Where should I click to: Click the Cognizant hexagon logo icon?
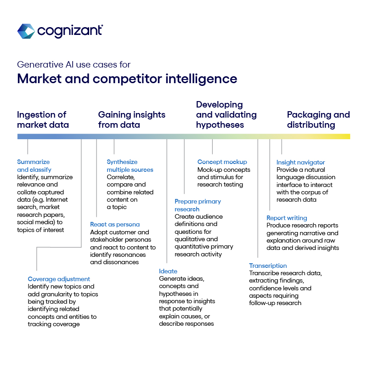(26, 31)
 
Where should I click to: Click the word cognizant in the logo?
(70, 31)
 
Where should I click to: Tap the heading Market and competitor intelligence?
(127, 79)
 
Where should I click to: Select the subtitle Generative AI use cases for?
(74, 64)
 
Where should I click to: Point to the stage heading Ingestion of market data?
(43, 120)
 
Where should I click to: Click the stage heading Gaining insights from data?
(132, 120)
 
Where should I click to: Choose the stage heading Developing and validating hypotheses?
(226, 115)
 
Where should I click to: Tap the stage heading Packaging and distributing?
(318, 120)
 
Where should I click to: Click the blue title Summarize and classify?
(34, 166)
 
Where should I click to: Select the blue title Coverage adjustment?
(59, 279)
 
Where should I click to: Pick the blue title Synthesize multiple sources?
(130, 166)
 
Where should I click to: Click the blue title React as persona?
(115, 225)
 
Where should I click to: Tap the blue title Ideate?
(168, 272)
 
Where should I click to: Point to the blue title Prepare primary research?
(198, 205)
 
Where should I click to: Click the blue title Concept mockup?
(222, 162)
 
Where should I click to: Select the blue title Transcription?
(268, 266)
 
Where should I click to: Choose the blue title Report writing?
(287, 218)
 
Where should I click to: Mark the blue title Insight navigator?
(300, 163)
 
